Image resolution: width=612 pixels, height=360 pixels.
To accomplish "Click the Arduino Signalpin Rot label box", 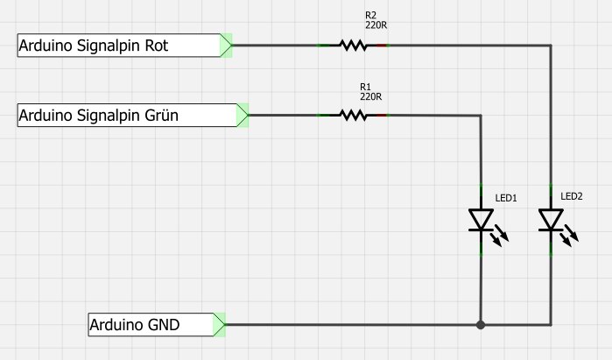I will pyautogui.click(x=118, y=46).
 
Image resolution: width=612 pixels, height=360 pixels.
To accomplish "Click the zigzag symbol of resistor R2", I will pyautogui.click(x=353, y=45).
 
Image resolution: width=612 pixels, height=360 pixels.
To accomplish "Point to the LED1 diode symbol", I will pyautogui.click(x=481, y=220).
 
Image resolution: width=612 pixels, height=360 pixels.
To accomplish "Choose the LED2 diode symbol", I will pyautogui.click(x=551, y=220).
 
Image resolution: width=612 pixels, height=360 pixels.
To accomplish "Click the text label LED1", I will pyautogui.click(x=507, y=199).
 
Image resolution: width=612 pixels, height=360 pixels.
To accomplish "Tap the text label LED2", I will pyautogui.click(x=572, y=196).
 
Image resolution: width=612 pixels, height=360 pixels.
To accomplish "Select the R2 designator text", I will pyautogui.click(x=370, y=16).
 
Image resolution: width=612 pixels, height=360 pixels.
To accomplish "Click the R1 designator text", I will pyautogui.click(x=366, y=86).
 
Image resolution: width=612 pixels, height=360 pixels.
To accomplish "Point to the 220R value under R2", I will pyautogui.click(x=376, y=25).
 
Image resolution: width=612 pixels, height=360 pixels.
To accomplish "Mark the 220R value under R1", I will pyautogui.click(x=371, y=95).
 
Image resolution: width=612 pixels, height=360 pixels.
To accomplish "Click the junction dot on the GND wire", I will pyautogui.click(x=481, y=325).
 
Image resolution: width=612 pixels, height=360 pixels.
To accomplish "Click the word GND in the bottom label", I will pyautogui.click(x=186, y=325).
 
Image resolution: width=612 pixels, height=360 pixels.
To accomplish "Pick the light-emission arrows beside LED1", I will pyautogui.click(x=501, y=236).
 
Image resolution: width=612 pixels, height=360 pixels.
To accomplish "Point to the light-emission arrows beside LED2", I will pyautogui.click(x=571, y=236).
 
